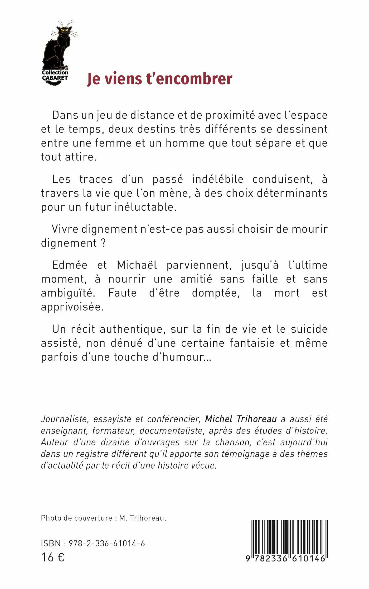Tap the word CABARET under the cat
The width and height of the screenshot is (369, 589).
point(55,78)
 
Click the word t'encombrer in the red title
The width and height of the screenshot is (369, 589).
point(190,79)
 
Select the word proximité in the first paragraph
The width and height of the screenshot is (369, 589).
point(230,115)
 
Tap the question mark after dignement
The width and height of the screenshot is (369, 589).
point(103,243)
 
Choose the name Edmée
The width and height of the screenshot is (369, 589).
point(70,265)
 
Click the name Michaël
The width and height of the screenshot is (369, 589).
point(137,265)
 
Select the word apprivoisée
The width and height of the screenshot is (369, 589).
point(72,307)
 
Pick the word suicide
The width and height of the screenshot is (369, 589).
point(309,329)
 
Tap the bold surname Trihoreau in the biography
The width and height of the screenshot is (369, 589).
point(256,419)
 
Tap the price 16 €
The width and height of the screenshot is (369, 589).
point(53,557)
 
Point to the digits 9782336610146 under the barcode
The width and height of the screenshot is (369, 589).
point(286,559)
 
